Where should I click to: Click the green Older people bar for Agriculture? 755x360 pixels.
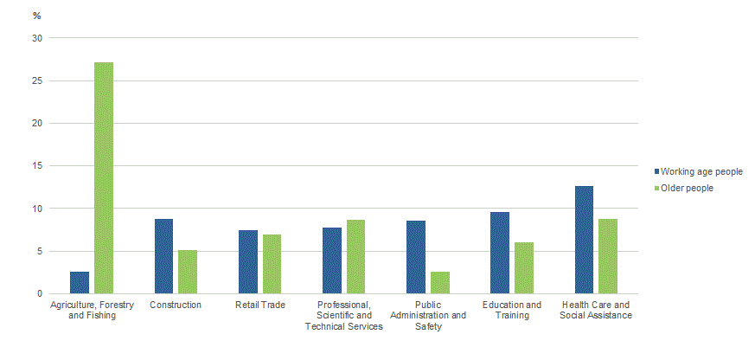point(104,178)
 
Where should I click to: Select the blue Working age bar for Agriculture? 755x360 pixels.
point(80,283)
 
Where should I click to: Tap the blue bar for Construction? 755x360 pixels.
point(163,256)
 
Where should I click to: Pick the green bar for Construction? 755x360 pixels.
point(188,272)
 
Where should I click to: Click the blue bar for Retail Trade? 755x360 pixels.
point(248,262)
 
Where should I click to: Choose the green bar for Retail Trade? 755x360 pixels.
point(272,264)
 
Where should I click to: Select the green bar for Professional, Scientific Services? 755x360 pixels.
point(355,257)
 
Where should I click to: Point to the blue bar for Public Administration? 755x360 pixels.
point(415,257)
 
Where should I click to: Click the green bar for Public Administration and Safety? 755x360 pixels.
point(439,283)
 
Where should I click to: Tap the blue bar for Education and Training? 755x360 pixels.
point(500,253)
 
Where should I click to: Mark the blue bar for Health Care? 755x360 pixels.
point(584,240)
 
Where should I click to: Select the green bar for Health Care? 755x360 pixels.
point(608,256)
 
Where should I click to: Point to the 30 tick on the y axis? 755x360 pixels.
point(36,38)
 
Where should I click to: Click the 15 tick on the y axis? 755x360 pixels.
point(36,166)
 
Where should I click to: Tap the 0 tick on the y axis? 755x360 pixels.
point(39,294)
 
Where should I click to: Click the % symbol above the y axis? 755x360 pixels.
point(35,15)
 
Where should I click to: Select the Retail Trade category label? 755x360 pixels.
point(259,305)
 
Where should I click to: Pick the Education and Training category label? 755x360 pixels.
point(512,311)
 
